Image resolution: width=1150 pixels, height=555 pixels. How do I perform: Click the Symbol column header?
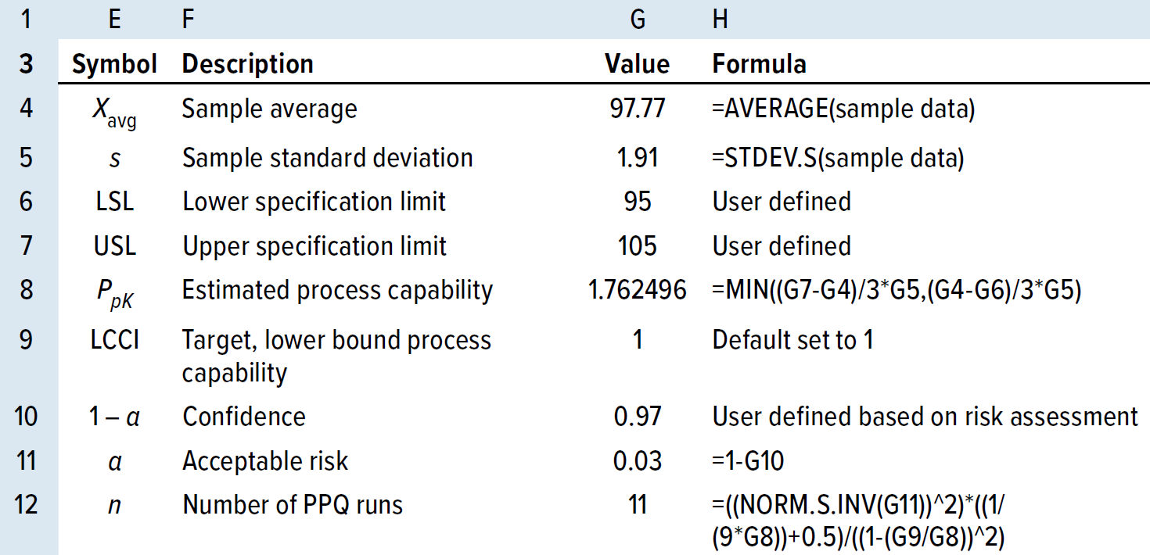114,64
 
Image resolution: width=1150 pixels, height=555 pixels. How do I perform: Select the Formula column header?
759,64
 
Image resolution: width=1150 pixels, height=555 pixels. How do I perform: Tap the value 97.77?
637,109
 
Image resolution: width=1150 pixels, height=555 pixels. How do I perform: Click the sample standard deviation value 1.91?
637,158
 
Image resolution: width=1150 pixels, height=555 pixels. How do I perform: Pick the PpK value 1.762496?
637,291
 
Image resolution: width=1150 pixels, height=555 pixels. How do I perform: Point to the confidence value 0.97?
637,417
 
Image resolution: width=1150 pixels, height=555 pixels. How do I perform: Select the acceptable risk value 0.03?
637,461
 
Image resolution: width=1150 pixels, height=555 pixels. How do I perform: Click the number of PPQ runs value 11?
637,505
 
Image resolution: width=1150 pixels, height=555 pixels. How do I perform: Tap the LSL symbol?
114,202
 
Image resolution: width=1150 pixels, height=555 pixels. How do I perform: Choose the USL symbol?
114,247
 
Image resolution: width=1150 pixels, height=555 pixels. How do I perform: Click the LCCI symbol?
114,341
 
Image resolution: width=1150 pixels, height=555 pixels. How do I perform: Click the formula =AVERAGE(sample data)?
843,109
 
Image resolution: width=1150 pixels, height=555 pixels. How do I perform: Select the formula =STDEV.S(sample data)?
838,158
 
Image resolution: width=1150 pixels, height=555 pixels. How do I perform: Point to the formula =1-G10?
748,461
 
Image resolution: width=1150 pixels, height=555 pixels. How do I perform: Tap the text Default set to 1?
792,341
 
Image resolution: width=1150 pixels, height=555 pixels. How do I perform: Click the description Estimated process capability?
337,291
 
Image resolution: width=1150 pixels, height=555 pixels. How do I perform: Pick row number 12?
27,505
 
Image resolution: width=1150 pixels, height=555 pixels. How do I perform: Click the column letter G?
637,20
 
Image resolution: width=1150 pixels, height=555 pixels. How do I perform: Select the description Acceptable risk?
265,461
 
